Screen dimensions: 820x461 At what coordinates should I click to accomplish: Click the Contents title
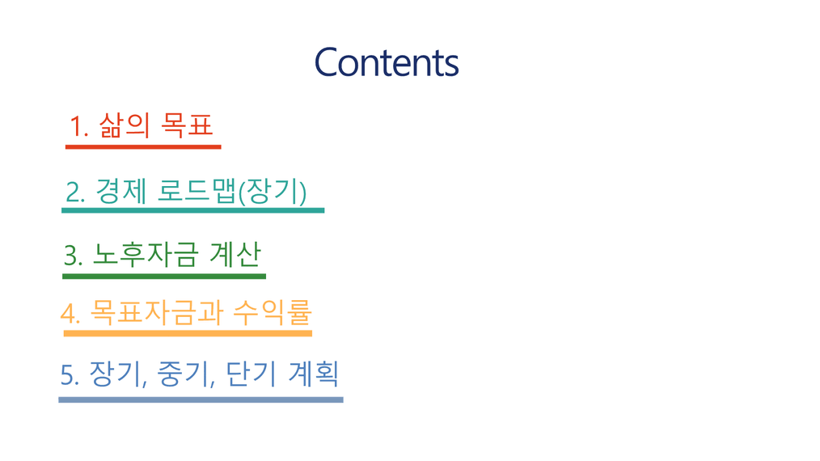pos(387,62)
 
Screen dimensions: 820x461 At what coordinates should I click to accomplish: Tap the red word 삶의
pos(124,125)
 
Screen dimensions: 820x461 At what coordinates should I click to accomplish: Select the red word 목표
pos(187,125)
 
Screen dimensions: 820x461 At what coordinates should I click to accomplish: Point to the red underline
pos(143,147)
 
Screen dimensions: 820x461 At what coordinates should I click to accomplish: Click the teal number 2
pos(75,192)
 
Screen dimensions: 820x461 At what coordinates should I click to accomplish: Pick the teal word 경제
pos(120,191)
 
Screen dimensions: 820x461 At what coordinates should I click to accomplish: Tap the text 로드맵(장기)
pos(231,192)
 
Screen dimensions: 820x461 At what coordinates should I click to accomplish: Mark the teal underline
pos(193,210)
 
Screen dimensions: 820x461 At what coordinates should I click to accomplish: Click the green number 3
pos(74,256)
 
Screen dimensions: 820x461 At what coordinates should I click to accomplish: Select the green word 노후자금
pos(146,255)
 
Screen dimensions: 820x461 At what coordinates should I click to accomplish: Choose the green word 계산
pos(235,255)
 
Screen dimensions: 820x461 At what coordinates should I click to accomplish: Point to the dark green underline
pos(164,277)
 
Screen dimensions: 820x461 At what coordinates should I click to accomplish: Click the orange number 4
pos(70,314)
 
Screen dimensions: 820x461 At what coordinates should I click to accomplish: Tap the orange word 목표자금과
pos(157,312)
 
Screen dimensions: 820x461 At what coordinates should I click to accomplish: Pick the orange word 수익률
pos(273,312)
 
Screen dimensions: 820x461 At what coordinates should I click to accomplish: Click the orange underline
pos(188,333)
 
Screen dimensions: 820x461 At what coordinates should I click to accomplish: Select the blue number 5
pos(70,375)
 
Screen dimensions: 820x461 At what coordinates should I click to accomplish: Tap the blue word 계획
pos(313,374)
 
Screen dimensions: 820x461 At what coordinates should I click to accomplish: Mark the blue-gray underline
pos(201,400)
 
